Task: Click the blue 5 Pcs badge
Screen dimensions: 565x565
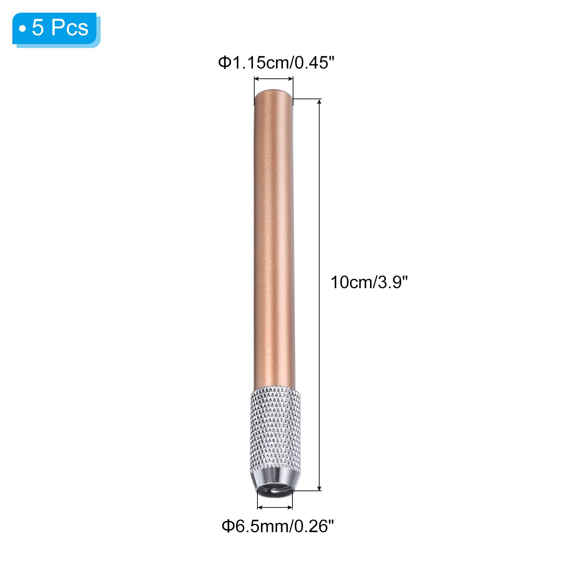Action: (x=56, y=29)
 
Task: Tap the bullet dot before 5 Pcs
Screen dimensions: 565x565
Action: (x=23, y=28)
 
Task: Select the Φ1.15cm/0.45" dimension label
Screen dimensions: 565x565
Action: (x=276, y=63)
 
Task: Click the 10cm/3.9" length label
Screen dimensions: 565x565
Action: (x=369, y=282)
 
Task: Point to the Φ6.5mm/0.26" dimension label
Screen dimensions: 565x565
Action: (x=278, y=526)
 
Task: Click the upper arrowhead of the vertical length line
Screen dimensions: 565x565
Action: (x=320, y=102)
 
